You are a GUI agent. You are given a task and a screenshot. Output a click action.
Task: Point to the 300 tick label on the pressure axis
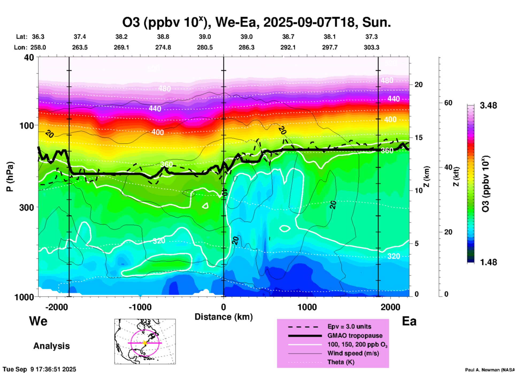(27, 207)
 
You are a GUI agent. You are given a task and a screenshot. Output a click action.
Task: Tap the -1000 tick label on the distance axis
(140, 307)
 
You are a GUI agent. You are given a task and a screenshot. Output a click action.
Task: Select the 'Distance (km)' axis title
(224, 317)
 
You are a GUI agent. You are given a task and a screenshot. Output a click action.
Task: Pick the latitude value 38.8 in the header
(163, 37)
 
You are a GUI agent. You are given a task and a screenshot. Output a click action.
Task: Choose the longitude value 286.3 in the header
(247, 47)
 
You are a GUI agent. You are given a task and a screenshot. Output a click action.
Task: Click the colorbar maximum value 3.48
(488, 105)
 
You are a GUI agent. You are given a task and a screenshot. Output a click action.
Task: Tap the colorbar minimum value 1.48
(488, 262)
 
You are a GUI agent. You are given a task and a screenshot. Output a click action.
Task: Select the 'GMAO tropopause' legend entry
(355, 336)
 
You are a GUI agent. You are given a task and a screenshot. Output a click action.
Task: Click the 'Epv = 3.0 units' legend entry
(349, 326)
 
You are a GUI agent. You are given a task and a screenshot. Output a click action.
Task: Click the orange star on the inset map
(145, 343)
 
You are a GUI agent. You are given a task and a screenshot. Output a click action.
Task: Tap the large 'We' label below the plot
(38, 321)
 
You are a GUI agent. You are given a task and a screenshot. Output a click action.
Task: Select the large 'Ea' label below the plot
(409, 321)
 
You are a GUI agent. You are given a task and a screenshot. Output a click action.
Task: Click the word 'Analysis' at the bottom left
(51, 346)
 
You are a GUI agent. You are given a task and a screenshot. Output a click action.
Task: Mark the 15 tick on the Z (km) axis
(418, 138)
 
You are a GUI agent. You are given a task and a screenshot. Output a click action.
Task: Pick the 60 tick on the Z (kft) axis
(448, 103)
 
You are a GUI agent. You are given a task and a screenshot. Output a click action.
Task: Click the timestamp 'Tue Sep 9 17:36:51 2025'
(39, 369)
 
